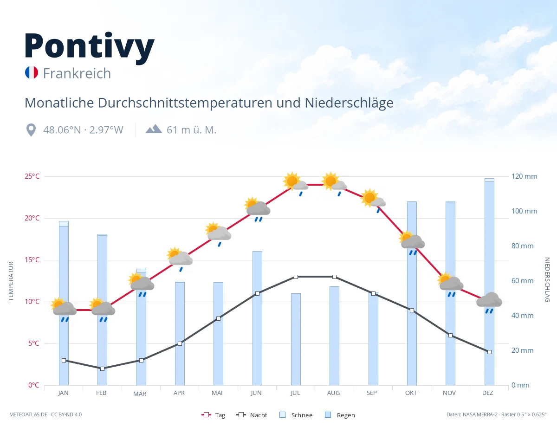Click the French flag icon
click(x=32, y=72)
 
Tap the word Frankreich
click(x=77, y=73)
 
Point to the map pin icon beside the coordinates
click(x=31, y=130)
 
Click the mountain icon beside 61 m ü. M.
click(x=154, y=129)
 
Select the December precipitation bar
click(x=489, y=282)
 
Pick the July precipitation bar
click(x=296, y=339)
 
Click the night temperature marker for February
click(x=102, y=369)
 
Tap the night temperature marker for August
click(x=335, y=277)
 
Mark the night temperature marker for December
click(x=489, y=352)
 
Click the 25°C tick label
click(x=32, y=176)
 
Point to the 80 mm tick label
click(x=522, y=246)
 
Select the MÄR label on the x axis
click(x=140, y=394)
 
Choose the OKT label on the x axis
click(x=411, y=393)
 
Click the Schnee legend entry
click(x=296, y=415)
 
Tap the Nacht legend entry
click(x=252, y=415)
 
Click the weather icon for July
click(x=296, y=184)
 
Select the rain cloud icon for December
click(x=489, y=303)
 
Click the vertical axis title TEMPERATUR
click(x=11, y=281)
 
